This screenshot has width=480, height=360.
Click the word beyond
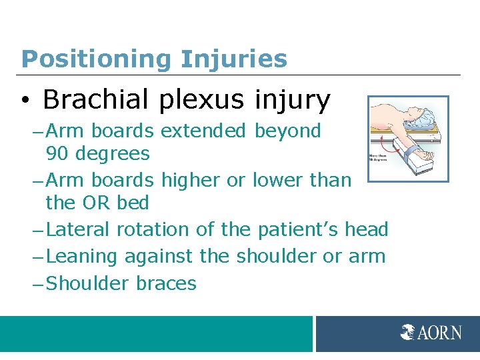click(x=289, y=131)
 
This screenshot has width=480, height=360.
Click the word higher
click(x=193, y=180)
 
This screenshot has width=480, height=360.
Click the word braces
click(x=166, y=283)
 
